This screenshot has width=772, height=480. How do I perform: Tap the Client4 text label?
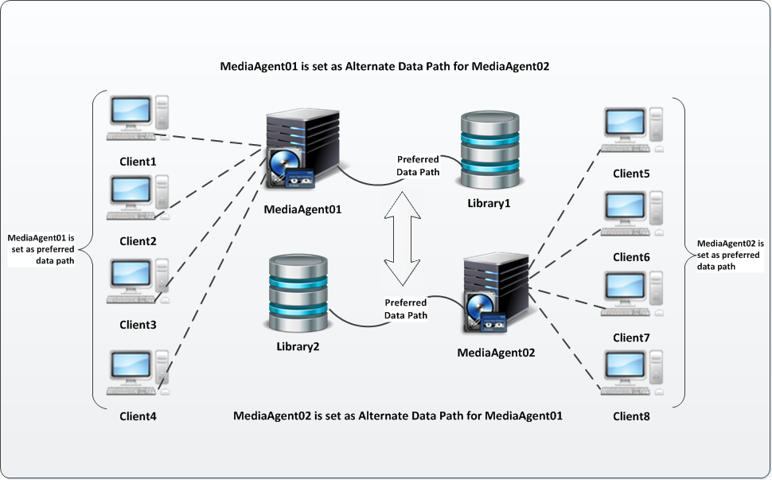click(x=138, y=416)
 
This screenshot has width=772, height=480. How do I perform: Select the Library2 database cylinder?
click(x=298, y=295)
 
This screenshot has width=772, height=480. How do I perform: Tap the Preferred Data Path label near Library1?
click(x=418, y=166)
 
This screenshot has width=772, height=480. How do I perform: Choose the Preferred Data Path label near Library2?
click(x=406, y=309)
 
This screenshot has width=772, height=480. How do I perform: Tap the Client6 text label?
click(x=631, y=257)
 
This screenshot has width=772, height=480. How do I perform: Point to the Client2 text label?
click(x=138, y=240)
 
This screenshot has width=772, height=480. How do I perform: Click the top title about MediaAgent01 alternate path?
click(x=385, y=66)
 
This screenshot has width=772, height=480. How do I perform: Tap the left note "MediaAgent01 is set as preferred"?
click(x=41, y=249)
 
